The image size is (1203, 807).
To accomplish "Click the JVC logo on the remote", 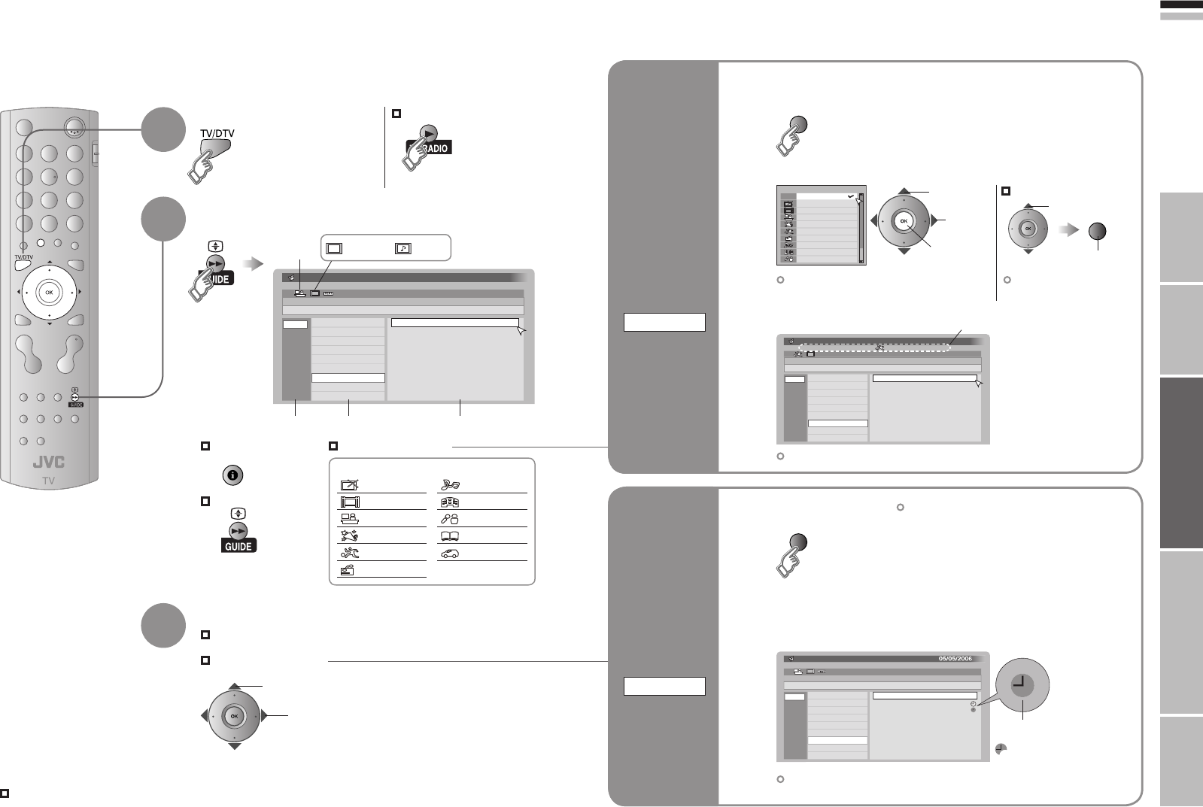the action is (x=48, y=463).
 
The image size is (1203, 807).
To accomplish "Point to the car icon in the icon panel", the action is (x=450, y=553).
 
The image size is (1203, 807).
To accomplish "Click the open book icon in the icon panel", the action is (x=450, y=536).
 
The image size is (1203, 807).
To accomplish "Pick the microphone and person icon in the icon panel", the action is (x=450, y=519).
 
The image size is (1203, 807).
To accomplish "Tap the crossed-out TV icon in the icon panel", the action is (x=349, y=485).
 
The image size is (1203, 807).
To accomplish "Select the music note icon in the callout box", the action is (x=403, y=247).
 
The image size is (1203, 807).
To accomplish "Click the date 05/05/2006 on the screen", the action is (x=955, y=658).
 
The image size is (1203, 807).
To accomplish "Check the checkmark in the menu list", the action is (x=849, y=196).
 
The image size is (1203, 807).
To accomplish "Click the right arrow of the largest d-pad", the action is (x=933, y=221).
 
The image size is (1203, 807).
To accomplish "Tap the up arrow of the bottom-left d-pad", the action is (x=234, y=687).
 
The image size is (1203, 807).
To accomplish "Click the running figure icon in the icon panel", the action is (x=348, y=536).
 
